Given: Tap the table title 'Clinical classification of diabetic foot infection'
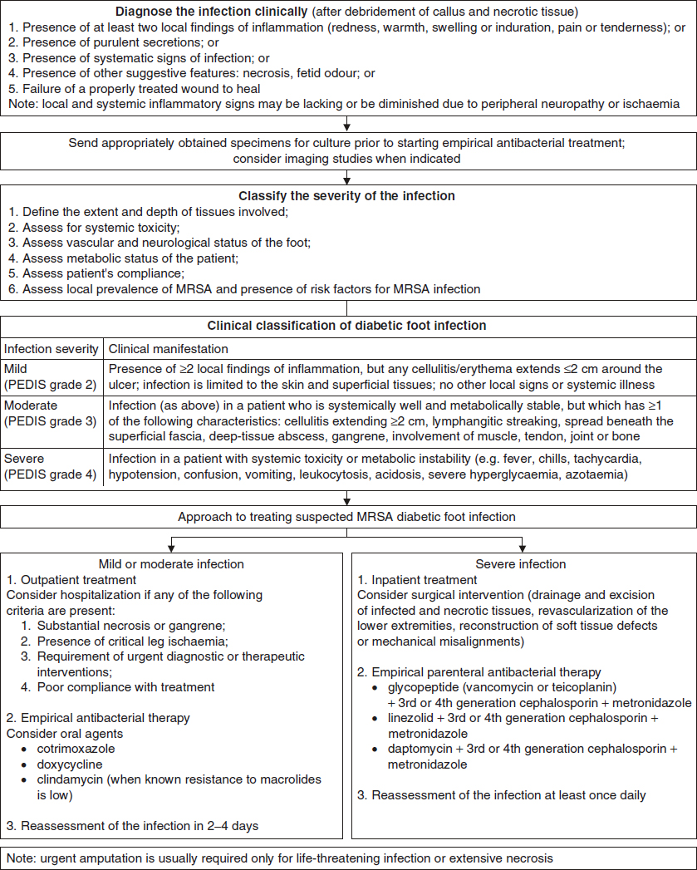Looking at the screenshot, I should click(x=348, y=326).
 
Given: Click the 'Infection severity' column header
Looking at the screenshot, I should click(x=52, y=349).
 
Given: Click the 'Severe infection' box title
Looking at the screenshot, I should click(x=523, y=564).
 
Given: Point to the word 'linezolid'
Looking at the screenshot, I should click(x=402, y=719).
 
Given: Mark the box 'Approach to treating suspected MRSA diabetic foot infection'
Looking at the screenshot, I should click(x=348, y=517).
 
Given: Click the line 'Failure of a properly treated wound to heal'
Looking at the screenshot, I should click(x=140, y=88).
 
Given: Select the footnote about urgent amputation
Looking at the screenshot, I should click(x=280, y=857).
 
